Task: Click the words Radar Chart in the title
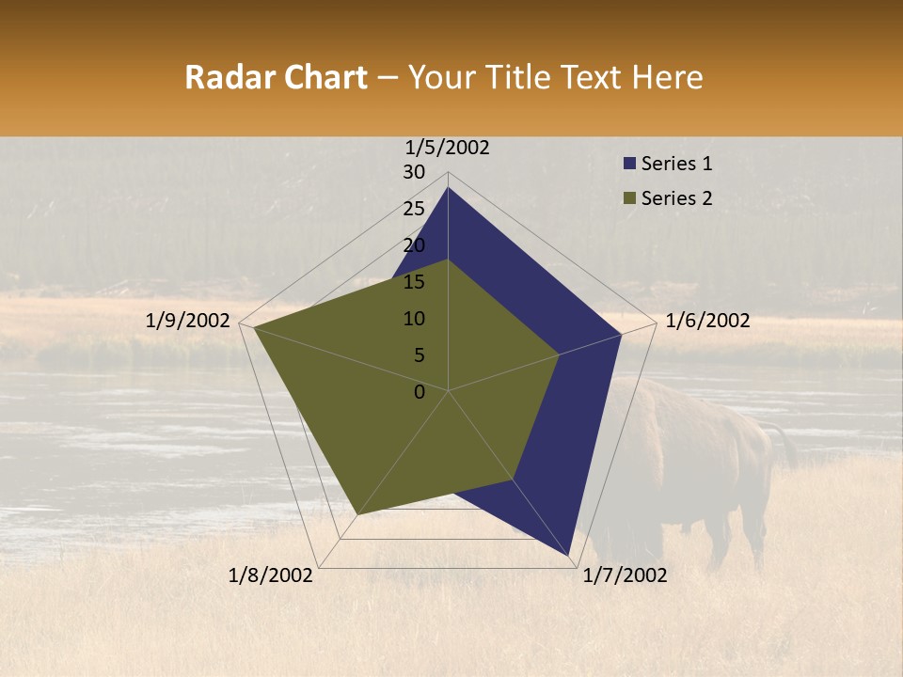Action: [x=276, y=77]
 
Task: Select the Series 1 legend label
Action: [x=676, y=164]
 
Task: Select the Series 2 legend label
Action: [x=676, y=197]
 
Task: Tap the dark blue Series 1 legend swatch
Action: [x=629, y=164]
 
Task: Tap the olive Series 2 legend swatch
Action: [x=629, y=197]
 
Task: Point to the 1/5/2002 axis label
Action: [x=448, y=147]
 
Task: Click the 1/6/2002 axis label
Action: [x=707, y=321]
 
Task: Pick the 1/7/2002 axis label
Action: [x=625, y=575]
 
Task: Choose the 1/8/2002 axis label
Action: [x=271, y=575]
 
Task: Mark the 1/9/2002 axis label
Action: [x=188, y=321]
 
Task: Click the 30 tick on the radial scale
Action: [x=414, y=172]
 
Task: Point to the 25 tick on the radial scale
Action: [x=414, y=209]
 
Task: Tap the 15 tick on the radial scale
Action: [x=414, y=282]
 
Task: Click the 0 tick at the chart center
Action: [x=420, y=392]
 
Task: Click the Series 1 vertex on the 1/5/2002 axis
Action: [x=448, y=187]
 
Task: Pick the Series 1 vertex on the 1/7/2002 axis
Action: [x=569, y=557]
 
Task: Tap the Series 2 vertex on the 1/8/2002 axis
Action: [x=357, y=514]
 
